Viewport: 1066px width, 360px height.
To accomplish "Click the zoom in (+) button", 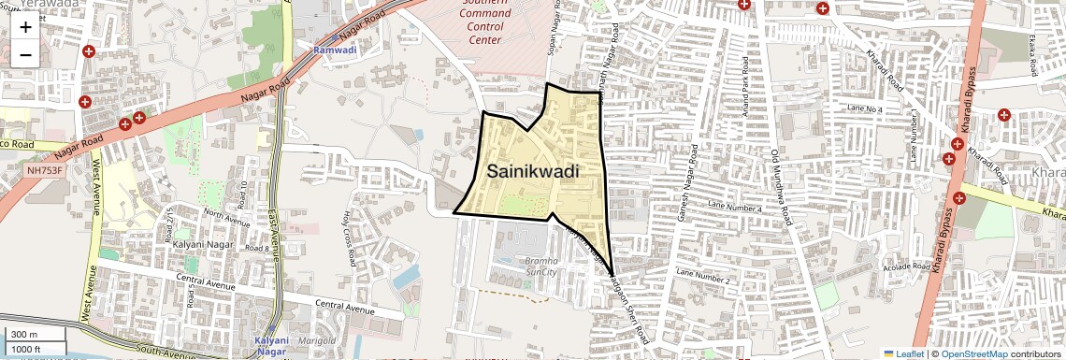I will click(25, 27).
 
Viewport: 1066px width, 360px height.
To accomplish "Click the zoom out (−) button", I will click(25, 53).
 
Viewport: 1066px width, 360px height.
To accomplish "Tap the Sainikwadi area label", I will click(532, 172).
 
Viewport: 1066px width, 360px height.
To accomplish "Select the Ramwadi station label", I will click(335, 50).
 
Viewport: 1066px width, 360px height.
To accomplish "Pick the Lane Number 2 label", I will click(701, 279).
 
